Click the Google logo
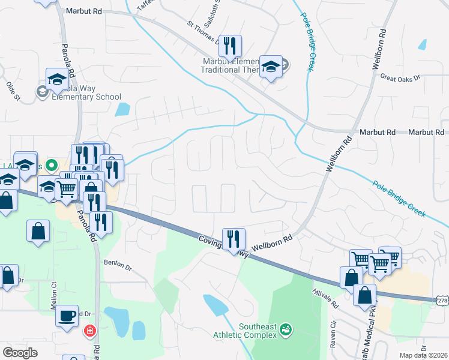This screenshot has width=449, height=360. click(x=20, y=352)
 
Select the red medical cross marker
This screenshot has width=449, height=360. click(x=90, y=331)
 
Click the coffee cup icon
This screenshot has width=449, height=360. click(x=67, y=314)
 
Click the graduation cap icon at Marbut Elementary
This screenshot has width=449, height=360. click(x=271, y=67)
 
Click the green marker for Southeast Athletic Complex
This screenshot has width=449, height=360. click(x=286, y=329)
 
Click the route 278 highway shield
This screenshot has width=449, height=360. click(x=442, y=298)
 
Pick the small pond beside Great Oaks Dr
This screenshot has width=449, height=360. click(x=422, y=44)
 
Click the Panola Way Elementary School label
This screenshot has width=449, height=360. click(x=88, y=97)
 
